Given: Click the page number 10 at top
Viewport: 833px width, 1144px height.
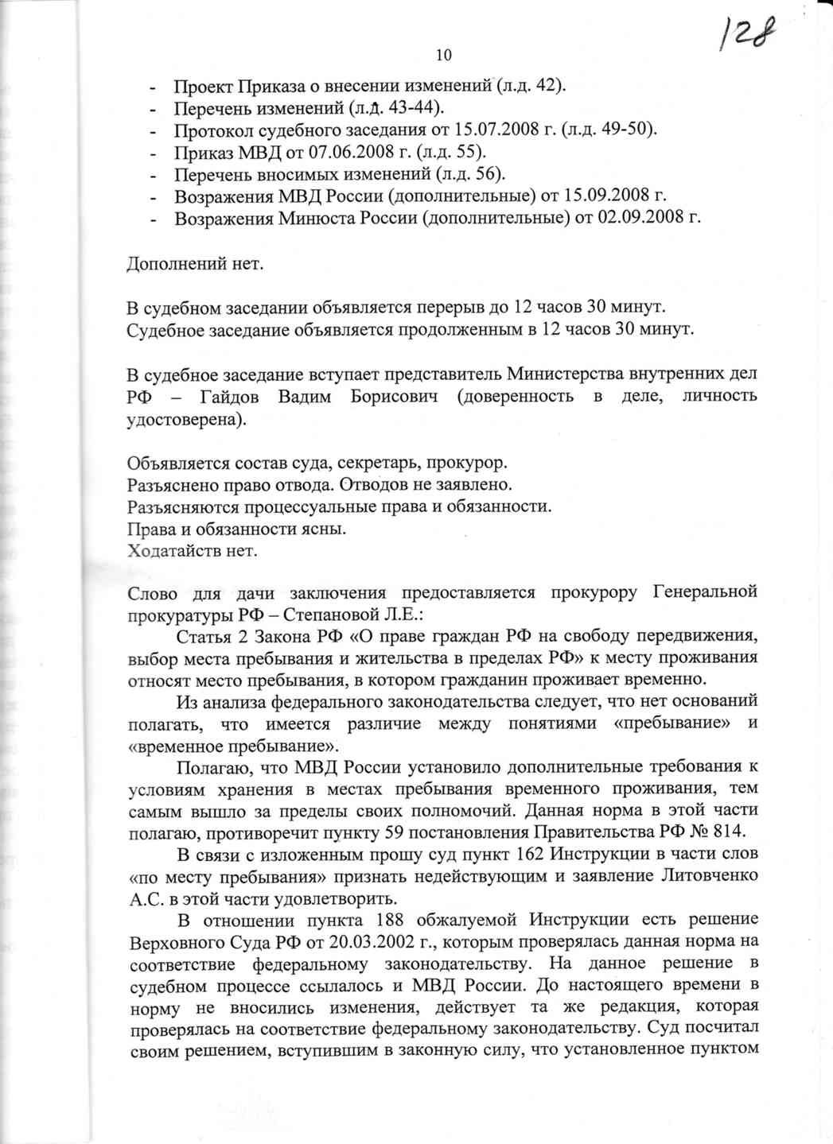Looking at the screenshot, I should coord(444,55).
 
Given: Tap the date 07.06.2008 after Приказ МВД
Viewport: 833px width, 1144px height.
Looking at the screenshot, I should coord(328,152).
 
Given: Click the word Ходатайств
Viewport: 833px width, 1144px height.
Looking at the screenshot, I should coord(175,549).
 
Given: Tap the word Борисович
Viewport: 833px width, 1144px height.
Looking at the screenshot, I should coord(394,396).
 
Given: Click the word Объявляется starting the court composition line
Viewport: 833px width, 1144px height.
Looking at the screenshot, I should coord(176,463).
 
